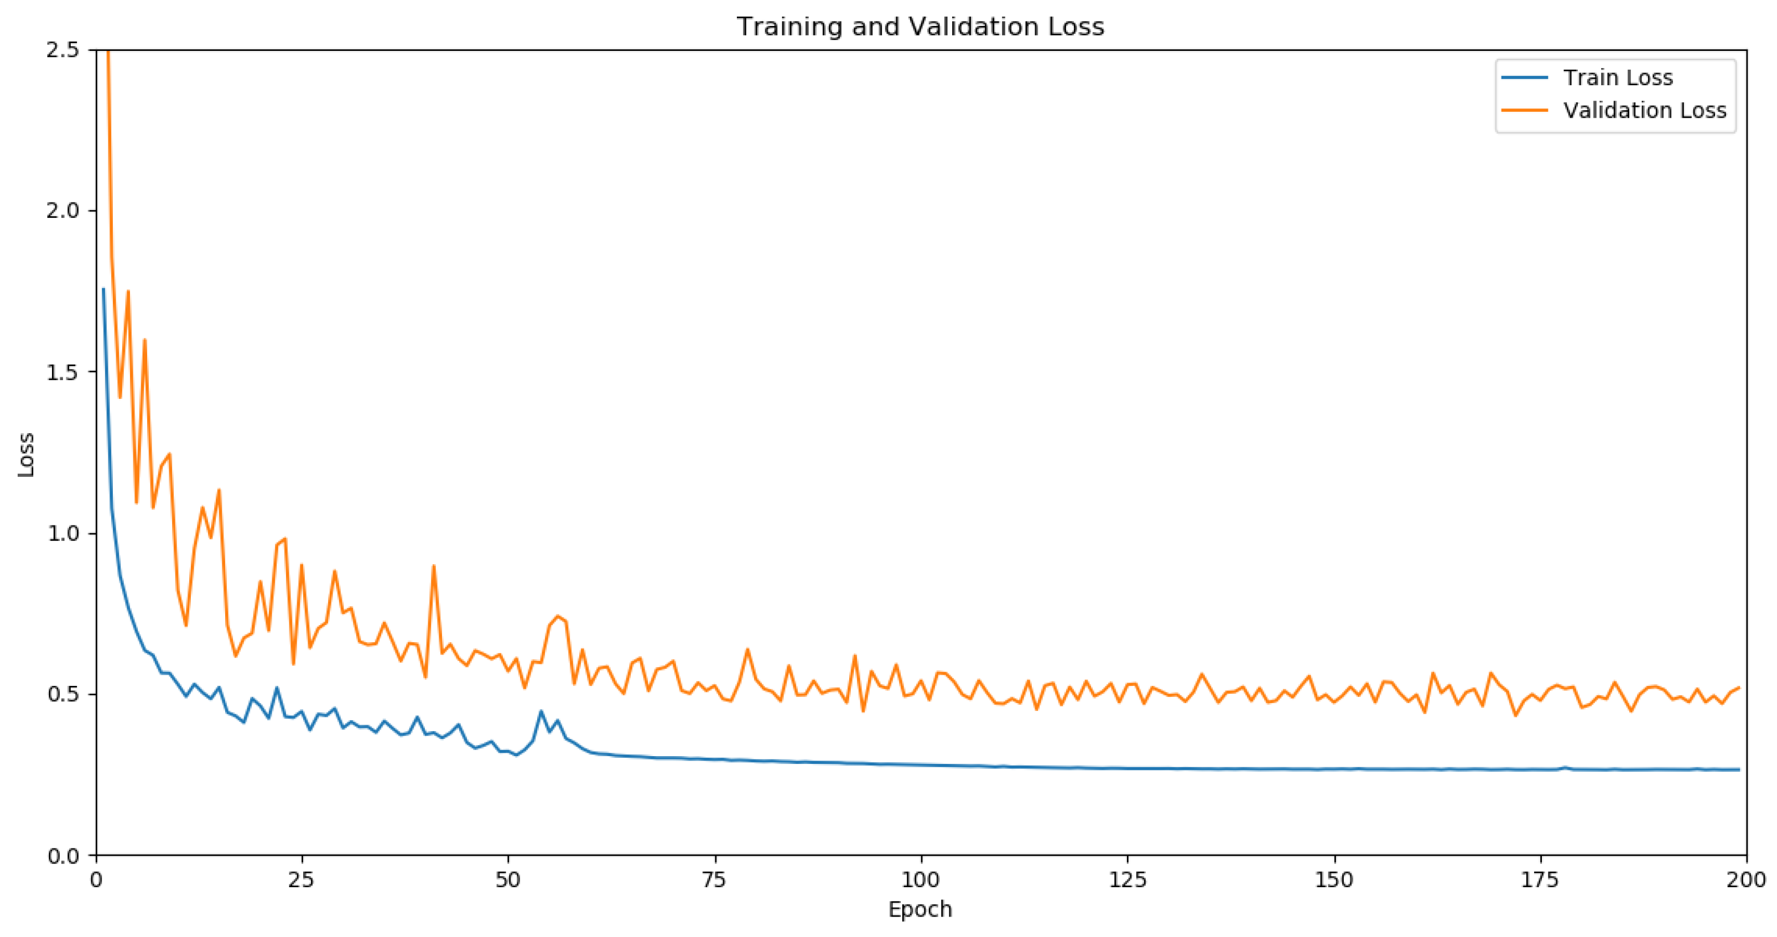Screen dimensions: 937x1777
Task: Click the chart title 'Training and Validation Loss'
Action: [920, 27]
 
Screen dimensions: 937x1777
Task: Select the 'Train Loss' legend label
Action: [1618, 78]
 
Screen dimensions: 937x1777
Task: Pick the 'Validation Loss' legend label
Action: [1645, 110]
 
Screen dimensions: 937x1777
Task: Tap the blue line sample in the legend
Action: [1525, 78]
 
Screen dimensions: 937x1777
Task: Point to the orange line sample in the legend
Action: [1525, 110]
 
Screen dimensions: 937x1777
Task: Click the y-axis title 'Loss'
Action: [26, 454]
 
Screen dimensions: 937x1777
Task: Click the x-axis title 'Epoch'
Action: [920, 909]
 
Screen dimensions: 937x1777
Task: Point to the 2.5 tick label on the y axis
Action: [62, 50]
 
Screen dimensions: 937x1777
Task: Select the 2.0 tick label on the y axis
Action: [62, 211]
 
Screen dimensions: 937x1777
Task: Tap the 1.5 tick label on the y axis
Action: [62, 372]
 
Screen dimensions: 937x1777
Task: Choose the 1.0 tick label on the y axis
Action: [62, 534]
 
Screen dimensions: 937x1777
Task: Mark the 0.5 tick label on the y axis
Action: [62, 694]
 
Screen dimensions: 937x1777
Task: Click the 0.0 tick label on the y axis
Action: [62, 856]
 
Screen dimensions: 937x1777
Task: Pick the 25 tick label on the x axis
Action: [302, 880]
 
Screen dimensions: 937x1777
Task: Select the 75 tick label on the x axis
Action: [715, 880]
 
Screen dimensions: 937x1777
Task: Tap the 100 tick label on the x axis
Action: [921, 880]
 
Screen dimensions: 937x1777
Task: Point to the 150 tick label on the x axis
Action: [1333, 880]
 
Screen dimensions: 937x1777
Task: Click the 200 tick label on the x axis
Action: [1746, 880]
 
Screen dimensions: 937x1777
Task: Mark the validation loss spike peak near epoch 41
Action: [434, 566]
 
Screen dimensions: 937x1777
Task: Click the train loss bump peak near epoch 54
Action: [542, 711]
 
